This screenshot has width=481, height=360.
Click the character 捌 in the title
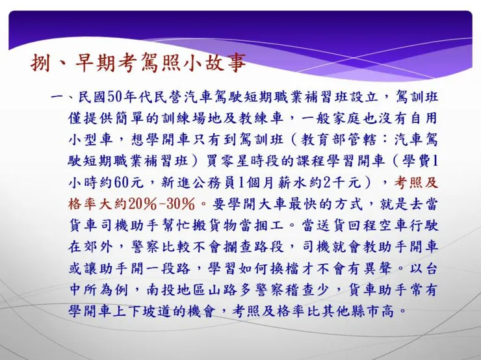[x=41, y=64]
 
